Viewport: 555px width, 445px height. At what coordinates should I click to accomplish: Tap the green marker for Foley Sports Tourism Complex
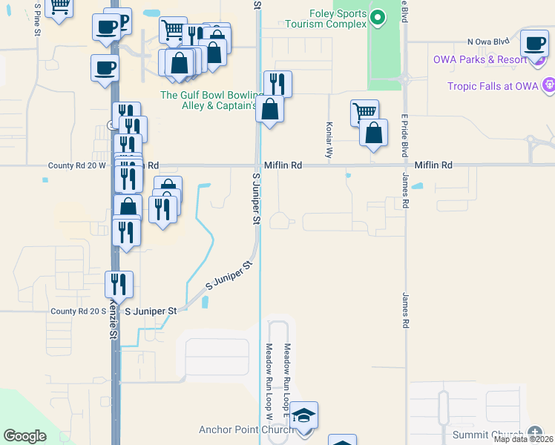pyautogui.click(x=378, y=16)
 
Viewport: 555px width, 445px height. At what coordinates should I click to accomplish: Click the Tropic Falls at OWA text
pyautogui.click(x=492, y=86)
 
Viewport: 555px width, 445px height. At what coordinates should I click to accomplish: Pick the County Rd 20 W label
pyautogui.click(x=77, y=165)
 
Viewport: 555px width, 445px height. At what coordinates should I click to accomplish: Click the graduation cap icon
pyautogui.click(x=303, y=415)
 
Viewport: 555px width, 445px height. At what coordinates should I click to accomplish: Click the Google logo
pyautogui.click(x=24, y=436)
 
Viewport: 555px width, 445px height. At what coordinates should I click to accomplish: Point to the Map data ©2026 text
pyautogui.click(x=523, y=439)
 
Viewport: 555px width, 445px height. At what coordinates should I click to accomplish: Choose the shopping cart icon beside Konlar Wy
pyautogui.click(x=364, y=113)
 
